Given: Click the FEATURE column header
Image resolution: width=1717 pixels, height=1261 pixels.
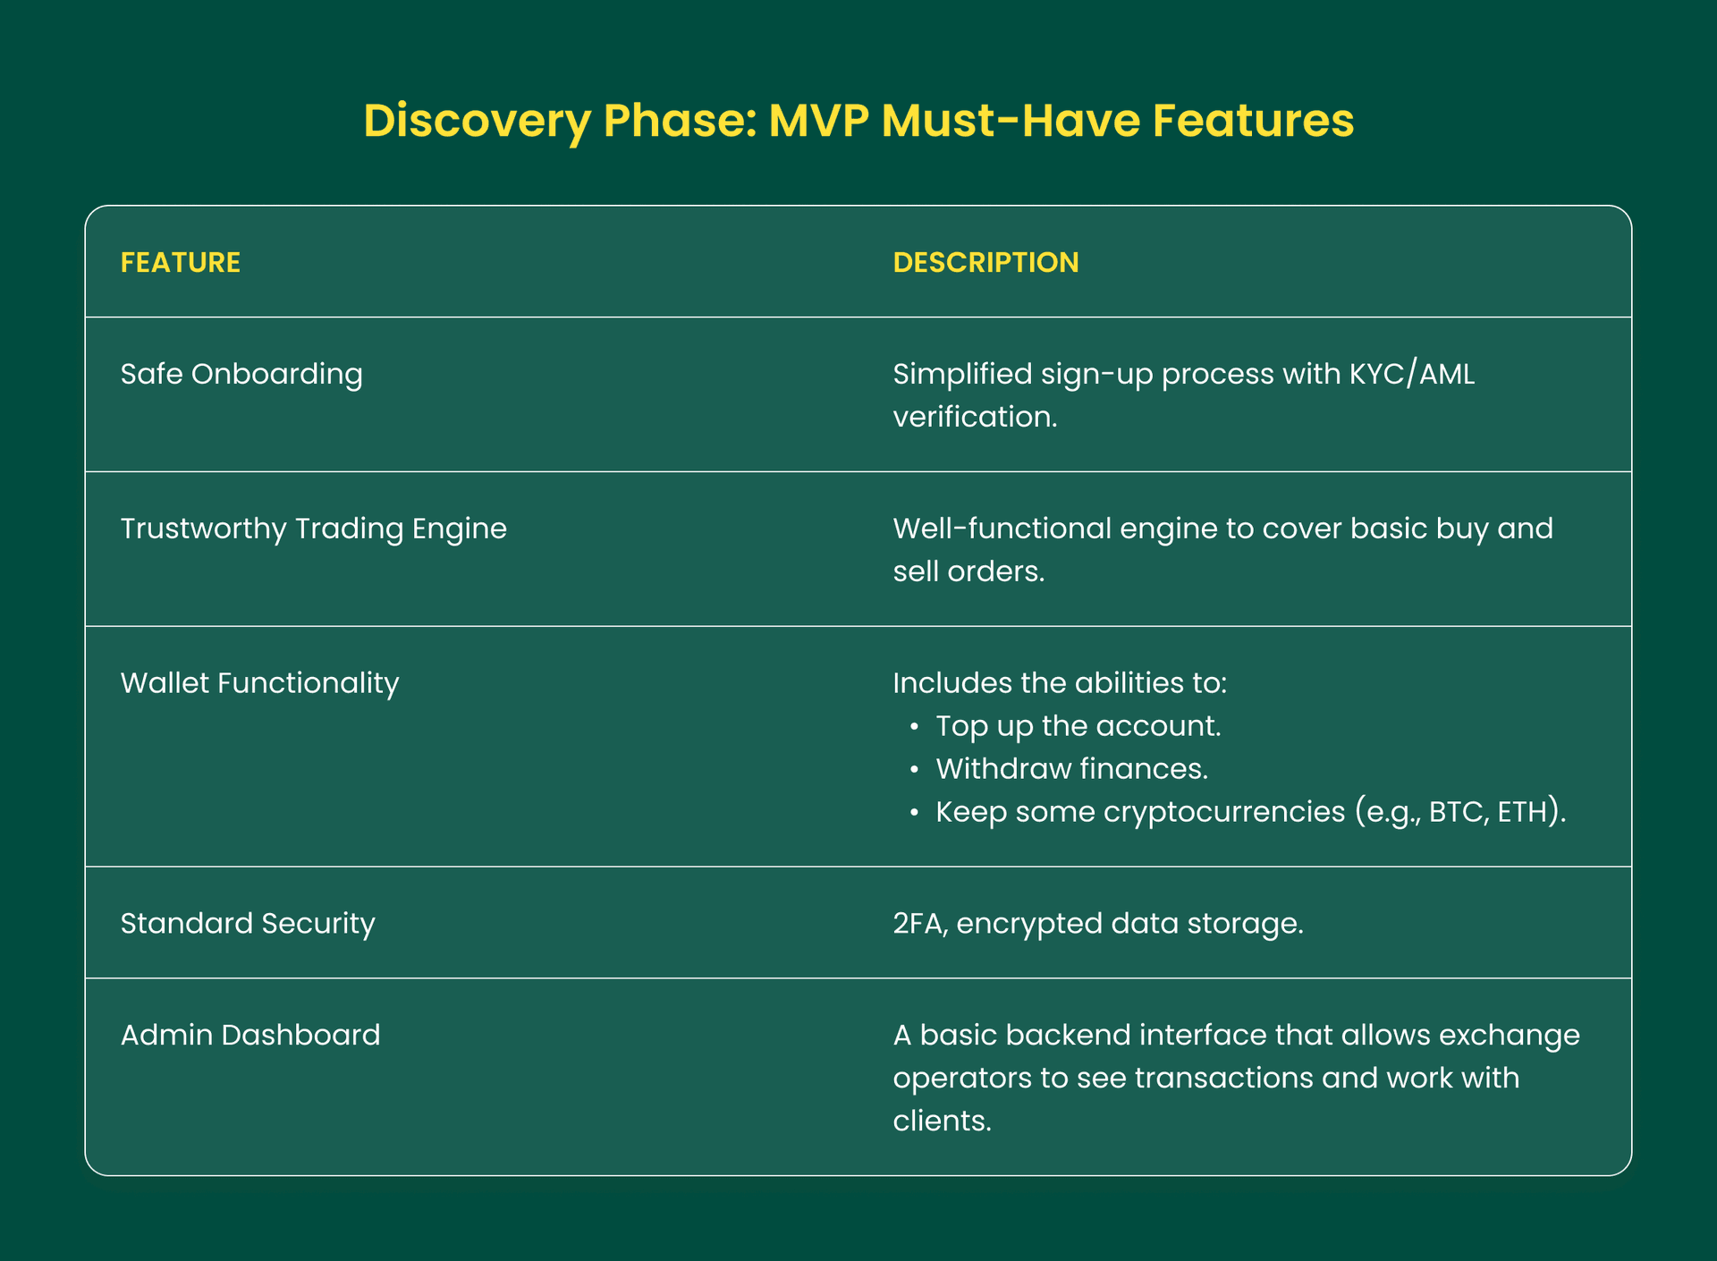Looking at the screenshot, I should [x=180, y=262].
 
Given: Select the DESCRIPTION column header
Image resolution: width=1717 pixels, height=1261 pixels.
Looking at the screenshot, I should [x=985, y=262].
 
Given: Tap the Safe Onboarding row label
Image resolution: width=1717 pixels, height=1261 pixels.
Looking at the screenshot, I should [x=241, y=374].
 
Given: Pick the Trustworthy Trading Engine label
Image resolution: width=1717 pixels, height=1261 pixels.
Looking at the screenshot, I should [x=313, y=529].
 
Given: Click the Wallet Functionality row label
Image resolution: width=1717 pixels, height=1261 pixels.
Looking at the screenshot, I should [x=259, y=683].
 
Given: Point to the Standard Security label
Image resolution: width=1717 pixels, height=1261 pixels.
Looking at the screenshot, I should [x=248, y=923].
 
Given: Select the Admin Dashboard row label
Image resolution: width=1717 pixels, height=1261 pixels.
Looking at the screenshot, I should [x=250, y=1035].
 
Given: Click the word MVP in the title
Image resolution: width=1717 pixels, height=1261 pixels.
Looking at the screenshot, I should [x=818, y=121].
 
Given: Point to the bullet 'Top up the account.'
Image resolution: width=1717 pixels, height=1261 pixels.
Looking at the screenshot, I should [x=1078, y=726].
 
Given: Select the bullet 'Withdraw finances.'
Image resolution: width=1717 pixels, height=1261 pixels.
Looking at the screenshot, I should [x=1071, y=769].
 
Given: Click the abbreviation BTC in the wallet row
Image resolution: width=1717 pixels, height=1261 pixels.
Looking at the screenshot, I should [x=1455, y=812].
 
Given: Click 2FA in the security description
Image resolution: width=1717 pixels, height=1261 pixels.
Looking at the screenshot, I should [x=918, y=923].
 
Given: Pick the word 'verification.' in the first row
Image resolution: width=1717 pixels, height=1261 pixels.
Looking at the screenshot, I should [x=975, y=417].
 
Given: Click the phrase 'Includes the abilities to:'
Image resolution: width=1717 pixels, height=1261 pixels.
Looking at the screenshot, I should [x=1060, y=683].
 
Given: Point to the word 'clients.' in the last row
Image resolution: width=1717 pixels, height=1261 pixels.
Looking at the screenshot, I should [x=943, y=1121].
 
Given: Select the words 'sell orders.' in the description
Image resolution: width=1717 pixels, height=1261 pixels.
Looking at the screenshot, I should [x=968, y=571].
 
